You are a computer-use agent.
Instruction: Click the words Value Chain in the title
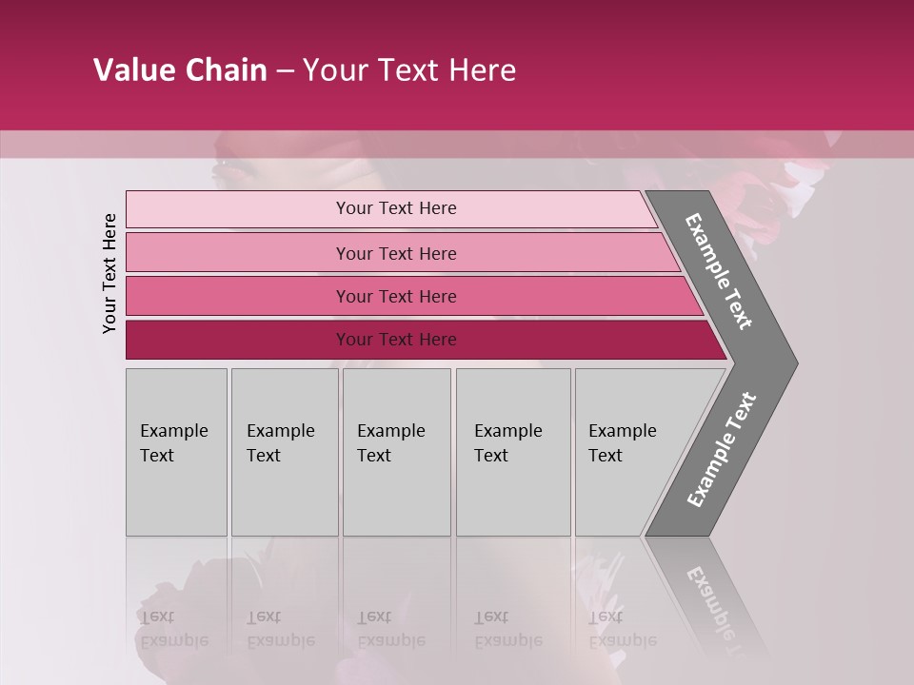(x=180, y=70)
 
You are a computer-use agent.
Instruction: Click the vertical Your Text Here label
(x=110, y=273)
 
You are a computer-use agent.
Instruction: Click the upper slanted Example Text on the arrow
(x=719, y=271)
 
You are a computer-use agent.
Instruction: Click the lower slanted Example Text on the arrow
(x=721, y=450)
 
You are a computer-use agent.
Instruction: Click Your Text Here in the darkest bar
(x=396, y=340)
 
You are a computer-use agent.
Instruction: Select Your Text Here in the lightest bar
(x=396, y=208)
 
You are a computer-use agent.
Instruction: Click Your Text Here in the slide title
(x=409, y=70)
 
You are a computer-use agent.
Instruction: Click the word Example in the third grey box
(x=390, y=431)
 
